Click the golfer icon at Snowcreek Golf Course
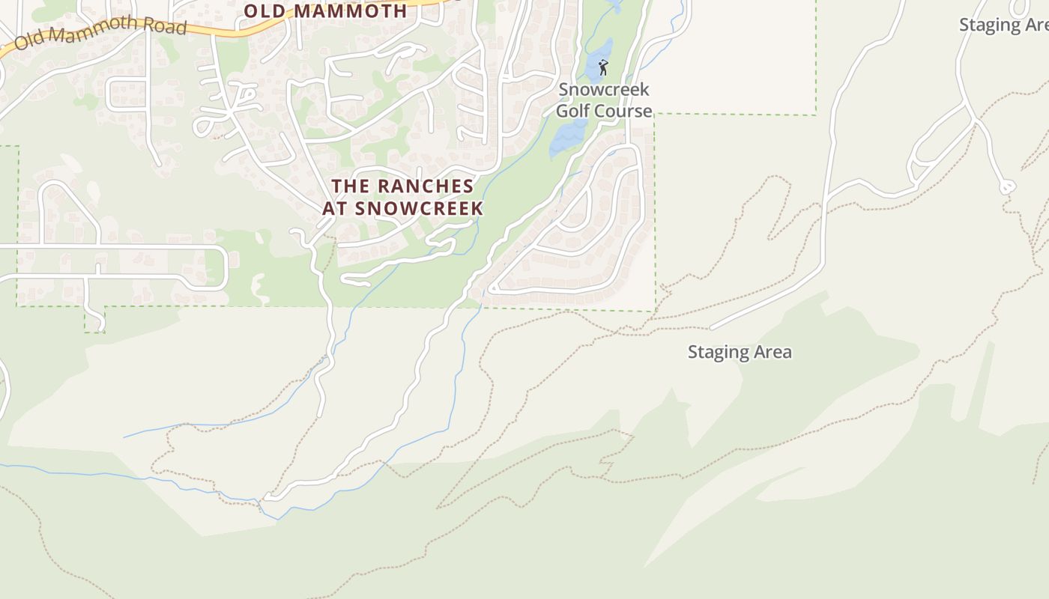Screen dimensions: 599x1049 (x=602, y=67)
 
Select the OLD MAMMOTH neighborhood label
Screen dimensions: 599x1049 (x=325, y=10)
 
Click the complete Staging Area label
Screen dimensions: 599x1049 (x=740, y=352)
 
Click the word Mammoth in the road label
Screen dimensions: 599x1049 (x=94, y=31)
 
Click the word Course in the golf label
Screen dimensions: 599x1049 (x=623, y=111)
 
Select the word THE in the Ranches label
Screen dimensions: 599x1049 (x=348, y=186)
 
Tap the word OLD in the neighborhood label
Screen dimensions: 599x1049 (x=266, y=10)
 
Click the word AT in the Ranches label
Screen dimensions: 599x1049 (x=335, y=208)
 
